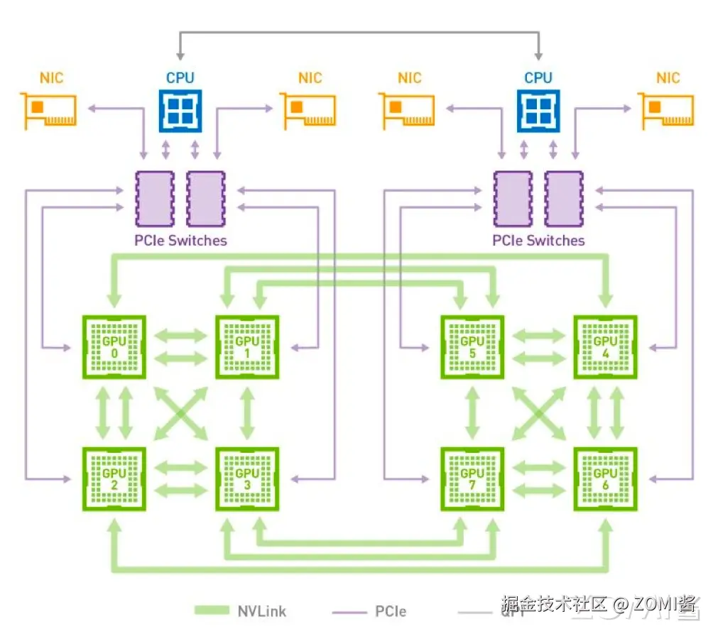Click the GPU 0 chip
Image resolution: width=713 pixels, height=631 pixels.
(114, 348)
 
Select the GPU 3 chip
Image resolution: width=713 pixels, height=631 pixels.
(247, 479)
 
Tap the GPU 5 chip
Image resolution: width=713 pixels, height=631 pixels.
(472, 348)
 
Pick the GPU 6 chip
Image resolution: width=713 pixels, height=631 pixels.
(605, 479)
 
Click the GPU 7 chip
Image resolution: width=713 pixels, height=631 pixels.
(472, 479)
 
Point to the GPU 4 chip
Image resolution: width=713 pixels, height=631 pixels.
(605, 348)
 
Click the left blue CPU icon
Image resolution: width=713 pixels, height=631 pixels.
(180, 110)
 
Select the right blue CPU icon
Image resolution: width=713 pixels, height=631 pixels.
(538, 110)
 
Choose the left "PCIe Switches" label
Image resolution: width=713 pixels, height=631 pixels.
(180, 241)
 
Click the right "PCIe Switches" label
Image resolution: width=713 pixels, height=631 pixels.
(538, 241)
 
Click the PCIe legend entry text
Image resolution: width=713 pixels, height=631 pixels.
(391, 610)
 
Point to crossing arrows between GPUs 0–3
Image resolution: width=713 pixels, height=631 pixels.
(180, 414)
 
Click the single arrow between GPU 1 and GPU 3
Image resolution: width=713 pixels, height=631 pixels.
(247, 414)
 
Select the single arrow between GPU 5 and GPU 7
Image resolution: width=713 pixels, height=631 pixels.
(472, 414)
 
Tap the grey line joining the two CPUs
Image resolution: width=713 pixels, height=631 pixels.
(359, 33)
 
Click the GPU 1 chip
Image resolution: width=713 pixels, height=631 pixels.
(247, 348)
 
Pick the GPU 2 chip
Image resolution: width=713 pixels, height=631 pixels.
(114, 479)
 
